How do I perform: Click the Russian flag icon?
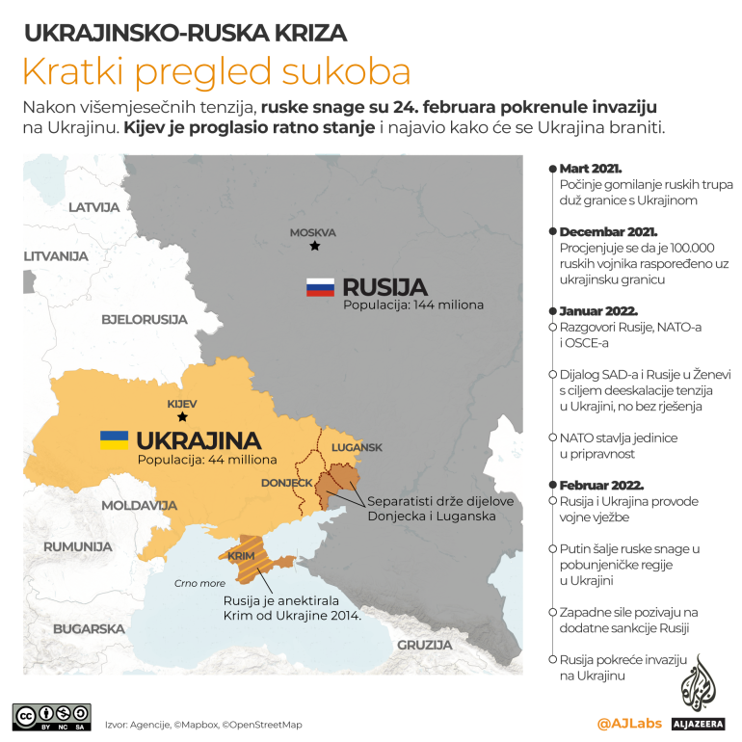point(320,287)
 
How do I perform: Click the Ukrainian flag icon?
point(114,440)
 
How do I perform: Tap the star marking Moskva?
point(314,247)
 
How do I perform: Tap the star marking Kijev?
point(182,417)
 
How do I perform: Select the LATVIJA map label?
point(93,207)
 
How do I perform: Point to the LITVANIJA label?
point(56,256)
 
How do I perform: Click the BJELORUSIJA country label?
point(144,317)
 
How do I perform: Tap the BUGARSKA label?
point(89,628)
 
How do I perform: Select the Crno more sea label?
point(199,583)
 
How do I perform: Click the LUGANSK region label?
point(357,447)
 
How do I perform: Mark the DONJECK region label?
point(286,482)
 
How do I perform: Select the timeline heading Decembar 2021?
point(608,232)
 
